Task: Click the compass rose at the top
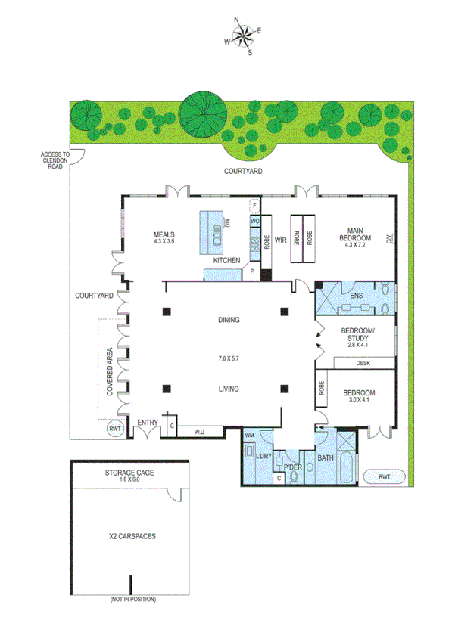(243, 36)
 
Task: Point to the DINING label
(227, 320)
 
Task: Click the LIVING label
(227, 389)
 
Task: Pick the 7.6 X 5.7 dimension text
(227, 354)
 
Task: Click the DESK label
(363, 364)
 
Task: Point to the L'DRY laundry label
(263, 457)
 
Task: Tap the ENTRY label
(147, 422)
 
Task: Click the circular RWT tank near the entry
(115, 430)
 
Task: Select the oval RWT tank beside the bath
(384, 477)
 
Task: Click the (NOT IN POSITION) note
(131, 600)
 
